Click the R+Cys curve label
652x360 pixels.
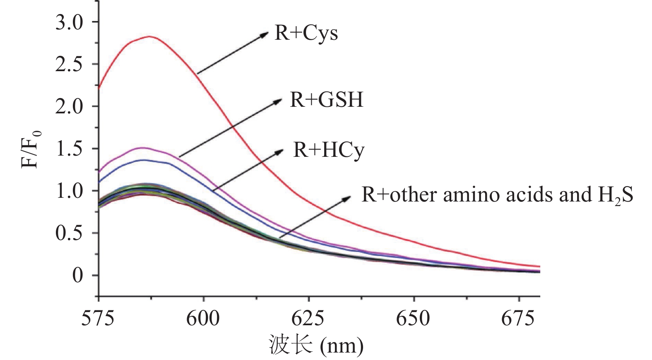(306, 33)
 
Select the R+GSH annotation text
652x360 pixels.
(326, 100)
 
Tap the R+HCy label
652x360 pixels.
(329, 150)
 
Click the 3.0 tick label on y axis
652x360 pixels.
(69, 22)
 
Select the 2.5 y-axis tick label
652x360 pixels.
(69, 65)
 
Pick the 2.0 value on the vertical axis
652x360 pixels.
(69, 107)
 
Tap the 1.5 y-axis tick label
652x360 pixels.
(69, 149)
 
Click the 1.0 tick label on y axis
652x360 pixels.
(69, 191)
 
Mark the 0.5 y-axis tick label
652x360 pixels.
(69, 233)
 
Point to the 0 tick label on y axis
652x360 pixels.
(77, 276)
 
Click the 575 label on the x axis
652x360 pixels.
(98, 319)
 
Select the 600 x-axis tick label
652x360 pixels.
(203, 319)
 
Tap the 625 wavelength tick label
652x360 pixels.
(308, 319)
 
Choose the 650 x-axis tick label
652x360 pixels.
(413, 319)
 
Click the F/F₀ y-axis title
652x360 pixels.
(31, 149)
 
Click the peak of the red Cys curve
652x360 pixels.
(149, 36)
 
